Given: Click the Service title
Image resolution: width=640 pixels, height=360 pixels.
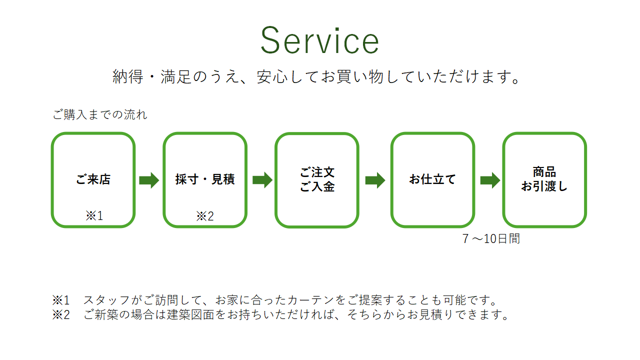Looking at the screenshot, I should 319,41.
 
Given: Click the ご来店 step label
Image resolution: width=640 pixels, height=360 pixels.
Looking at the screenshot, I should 93,179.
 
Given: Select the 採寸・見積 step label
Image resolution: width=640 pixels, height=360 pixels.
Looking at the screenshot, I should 205,179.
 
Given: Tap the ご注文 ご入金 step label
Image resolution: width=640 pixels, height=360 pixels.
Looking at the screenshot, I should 317,179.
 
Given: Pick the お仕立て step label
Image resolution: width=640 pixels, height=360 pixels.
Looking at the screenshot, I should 432,179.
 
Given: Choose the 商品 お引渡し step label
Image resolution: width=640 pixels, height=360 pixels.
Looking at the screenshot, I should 544,179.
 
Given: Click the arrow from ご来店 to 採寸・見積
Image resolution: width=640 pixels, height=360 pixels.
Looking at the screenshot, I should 148,180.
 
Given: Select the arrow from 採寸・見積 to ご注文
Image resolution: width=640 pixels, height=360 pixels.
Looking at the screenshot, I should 262,180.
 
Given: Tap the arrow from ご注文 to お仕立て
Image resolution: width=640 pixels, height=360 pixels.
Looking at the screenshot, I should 375,180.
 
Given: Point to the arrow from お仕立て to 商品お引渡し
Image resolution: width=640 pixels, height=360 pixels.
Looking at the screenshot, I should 490,180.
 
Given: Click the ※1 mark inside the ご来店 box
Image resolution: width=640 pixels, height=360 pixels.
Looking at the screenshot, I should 94,216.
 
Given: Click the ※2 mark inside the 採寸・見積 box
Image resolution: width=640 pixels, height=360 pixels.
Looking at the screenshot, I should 205,216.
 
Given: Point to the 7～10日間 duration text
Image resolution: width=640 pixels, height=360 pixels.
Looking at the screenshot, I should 491,239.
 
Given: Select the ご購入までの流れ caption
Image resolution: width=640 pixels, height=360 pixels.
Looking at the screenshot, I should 100,115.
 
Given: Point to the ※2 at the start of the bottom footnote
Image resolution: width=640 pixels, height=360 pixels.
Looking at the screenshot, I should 61,315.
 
